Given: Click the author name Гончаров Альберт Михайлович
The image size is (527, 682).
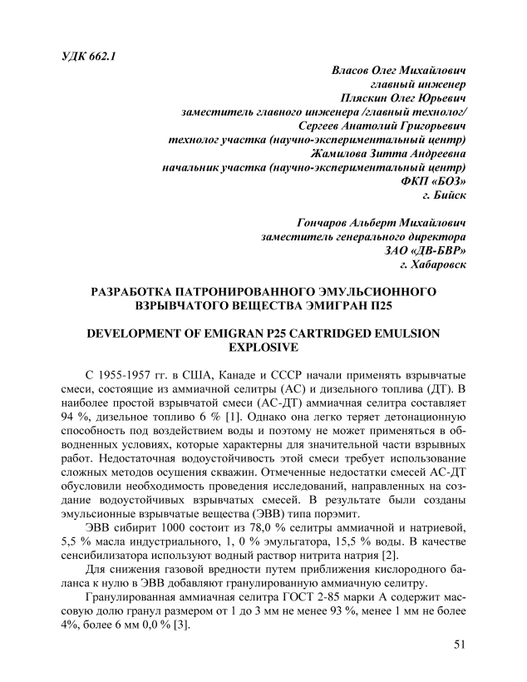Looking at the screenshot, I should pos(380,224).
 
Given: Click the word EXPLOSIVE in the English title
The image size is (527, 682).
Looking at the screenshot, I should pos(263,347).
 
